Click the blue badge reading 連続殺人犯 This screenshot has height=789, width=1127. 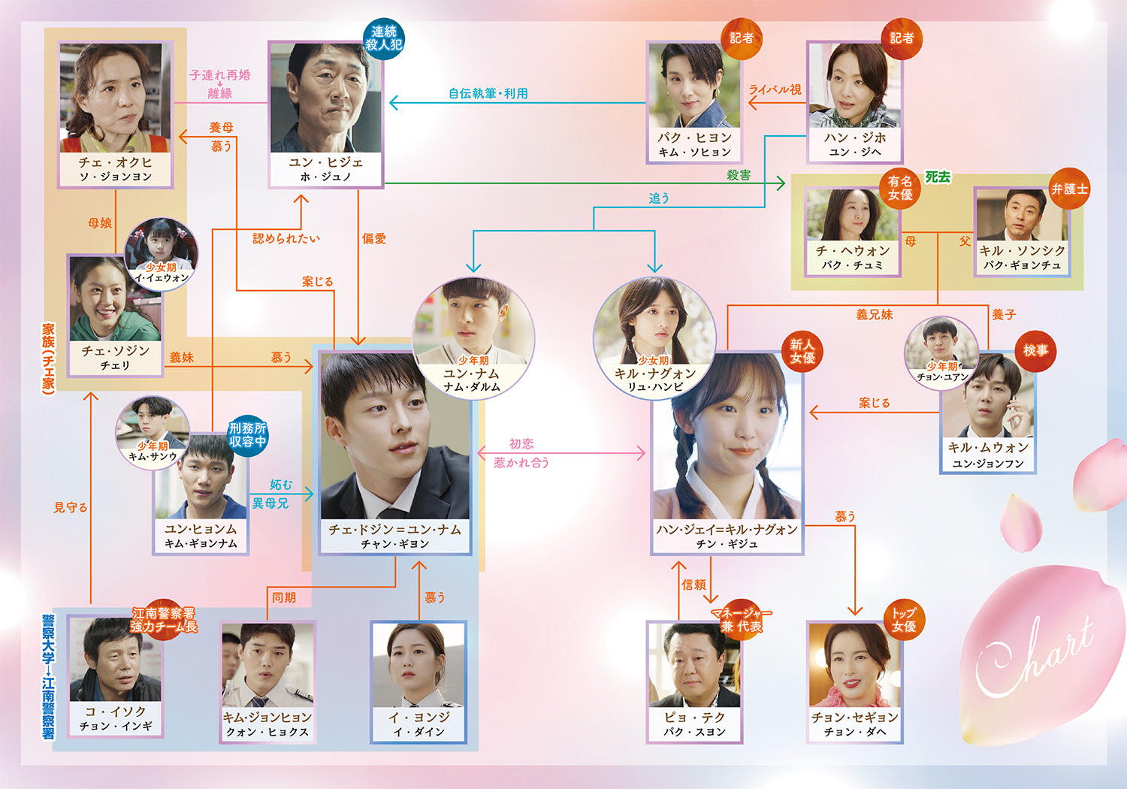pos(384,38)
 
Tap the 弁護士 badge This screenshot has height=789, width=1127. pos(1069,189)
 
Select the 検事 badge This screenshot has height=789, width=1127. pos(1035,351)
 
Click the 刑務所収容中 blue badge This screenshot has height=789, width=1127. pos(247,435)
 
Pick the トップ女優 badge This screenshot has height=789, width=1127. pos(904,620)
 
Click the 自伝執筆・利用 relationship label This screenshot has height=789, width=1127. pos(488,94)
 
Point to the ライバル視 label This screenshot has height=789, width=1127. pos(775,89)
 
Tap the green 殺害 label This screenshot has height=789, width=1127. pos(739,175)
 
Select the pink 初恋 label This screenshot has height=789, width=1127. pos(521,443)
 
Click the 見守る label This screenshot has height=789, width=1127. pos(71,507)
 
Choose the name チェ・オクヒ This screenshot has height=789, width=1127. pos(115,162)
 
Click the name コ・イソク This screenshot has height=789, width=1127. pos(115,712)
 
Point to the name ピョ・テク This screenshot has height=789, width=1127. pos(694,717)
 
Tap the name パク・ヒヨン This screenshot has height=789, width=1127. pos(694,138)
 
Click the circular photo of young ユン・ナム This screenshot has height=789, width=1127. pos(473,338)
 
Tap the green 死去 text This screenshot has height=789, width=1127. pos(938,177)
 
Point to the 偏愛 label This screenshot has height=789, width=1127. pos(374,238)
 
